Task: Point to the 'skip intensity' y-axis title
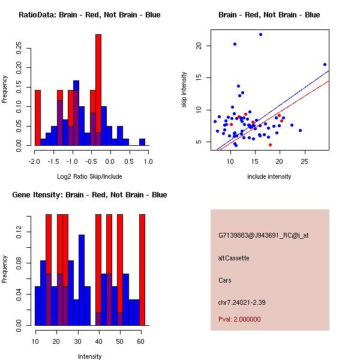184,90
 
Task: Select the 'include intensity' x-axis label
269,176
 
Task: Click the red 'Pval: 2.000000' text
239,319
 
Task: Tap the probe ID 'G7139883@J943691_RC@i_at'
263,236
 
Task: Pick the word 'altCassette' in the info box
233,258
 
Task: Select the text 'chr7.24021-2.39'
241,302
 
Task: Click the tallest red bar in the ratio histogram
98,90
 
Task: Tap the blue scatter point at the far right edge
325,64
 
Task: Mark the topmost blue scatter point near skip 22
260,34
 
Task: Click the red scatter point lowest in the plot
270,145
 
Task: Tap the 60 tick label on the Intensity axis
140,341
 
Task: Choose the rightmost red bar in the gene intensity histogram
142,269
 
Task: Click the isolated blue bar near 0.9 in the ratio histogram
142,142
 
